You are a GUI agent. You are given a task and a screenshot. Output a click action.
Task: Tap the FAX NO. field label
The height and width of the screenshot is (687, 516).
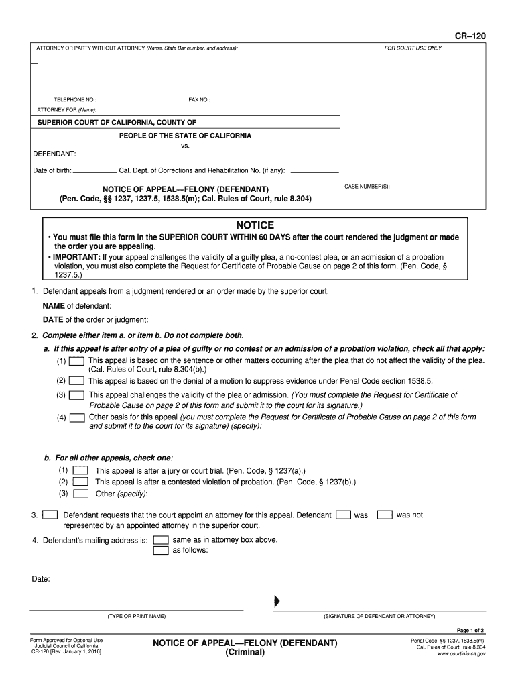pos(199,99)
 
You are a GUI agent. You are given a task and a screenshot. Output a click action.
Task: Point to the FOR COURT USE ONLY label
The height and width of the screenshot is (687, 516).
pos(413,48)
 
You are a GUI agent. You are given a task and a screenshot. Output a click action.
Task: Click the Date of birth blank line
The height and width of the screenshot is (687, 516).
pos(94,170)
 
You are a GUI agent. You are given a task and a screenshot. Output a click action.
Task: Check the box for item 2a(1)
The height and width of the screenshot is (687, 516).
pos(77,361)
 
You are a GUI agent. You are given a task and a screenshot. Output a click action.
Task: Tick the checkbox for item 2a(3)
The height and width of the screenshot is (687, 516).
pos(77,395)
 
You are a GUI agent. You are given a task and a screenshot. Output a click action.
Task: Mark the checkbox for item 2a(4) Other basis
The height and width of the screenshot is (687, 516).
pos(77,417)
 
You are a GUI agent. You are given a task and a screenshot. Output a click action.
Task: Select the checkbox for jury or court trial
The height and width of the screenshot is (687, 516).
pos(80,470)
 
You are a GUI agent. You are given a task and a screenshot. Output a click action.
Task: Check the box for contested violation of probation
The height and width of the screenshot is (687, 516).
pos(80,482)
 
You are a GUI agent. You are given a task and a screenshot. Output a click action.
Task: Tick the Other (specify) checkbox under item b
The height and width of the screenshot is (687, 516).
pos(80,494)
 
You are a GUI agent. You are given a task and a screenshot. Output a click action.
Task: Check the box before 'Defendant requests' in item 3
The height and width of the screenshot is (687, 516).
pos(50,515)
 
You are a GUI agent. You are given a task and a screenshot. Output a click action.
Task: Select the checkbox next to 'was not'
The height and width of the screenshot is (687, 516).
pos(384,515)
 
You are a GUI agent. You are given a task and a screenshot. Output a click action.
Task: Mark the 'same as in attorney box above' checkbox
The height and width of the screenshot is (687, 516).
pos(161,540)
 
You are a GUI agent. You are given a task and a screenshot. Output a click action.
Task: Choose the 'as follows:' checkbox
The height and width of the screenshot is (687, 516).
pos(161,551)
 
